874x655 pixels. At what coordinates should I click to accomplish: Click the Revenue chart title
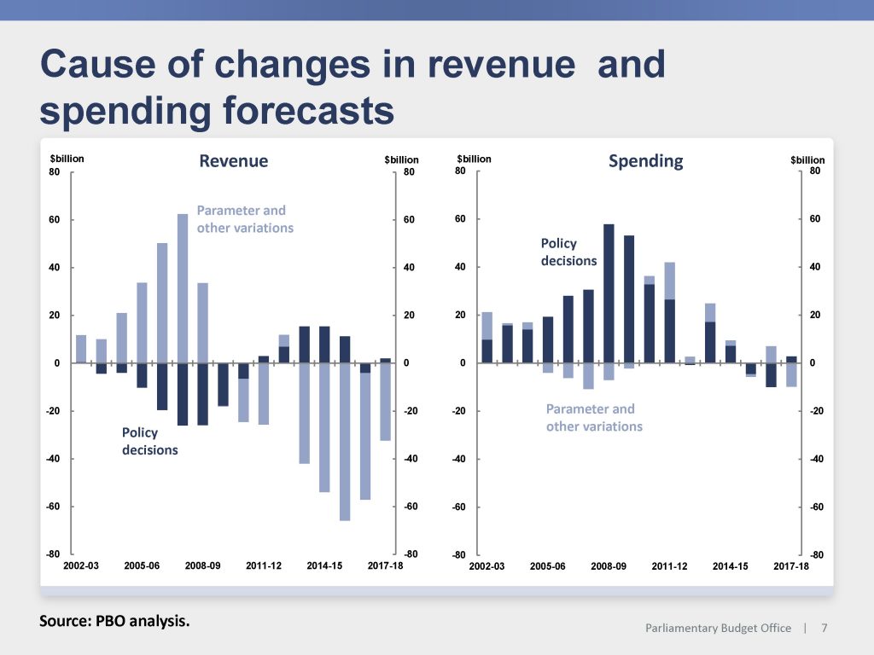pyautogui.click(x=233, y=161)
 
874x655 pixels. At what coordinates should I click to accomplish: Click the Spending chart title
pyautogui.click(x=645, y=161)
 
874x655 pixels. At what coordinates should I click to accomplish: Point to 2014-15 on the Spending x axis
pyautogui.click(x=730, y=566)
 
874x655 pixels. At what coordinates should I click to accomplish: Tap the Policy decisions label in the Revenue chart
pyautogui.click(x=150, y=441)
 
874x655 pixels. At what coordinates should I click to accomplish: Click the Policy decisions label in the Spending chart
pyautogui.click(x=568, y=252)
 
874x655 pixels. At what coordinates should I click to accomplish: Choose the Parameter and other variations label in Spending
pyautogui.click(x=594, y=418)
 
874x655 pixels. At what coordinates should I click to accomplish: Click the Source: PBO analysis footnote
pyautogui.click(x=114, y=621)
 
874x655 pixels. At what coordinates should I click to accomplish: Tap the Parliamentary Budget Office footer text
pyautogui.click(x=718, y=629)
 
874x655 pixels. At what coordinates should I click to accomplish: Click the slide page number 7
pyautogui.click(x=824, y=629)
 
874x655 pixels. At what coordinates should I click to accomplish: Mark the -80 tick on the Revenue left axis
pyautogui.click(x=53, y=554)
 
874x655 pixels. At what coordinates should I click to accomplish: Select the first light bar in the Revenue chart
pyautogui.click(x=81, y=349)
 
